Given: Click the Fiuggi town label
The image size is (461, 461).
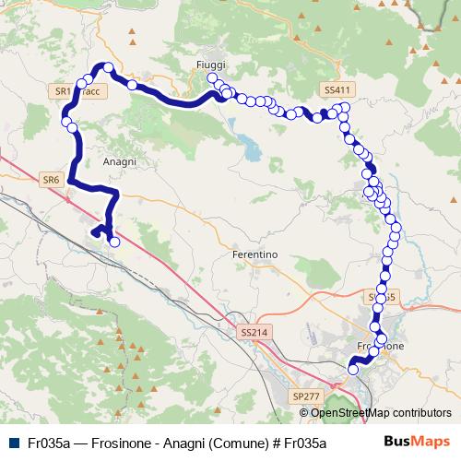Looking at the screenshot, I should click(211, 64).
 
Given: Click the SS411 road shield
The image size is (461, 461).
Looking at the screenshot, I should click(337, 89).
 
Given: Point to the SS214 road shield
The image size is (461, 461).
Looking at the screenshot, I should click(251, 331).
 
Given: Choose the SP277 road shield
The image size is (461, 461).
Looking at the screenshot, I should click(305, 396).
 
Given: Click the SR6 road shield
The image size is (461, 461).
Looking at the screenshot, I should click(51, 180).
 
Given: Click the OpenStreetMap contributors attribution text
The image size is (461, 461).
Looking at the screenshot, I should click(381, 412).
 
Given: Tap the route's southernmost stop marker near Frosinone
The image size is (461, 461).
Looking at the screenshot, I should click(352, 369).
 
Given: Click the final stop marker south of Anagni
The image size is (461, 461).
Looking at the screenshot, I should click(114, 242).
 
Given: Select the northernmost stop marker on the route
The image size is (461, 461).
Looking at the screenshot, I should click(108, 67).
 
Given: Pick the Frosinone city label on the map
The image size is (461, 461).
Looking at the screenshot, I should click(380, 346).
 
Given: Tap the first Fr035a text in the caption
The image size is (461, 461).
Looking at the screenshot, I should click(50, 443).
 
